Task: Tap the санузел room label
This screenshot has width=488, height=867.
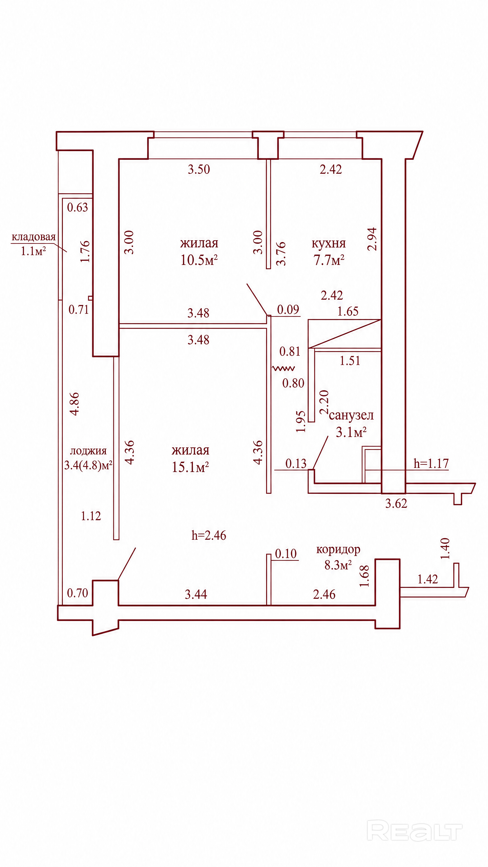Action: (x=351, y=415)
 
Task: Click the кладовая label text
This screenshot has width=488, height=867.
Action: (x=34, y=237)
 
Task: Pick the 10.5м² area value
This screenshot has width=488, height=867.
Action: (x=199, y=260)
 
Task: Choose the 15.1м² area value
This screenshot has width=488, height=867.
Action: (x=190, y=467)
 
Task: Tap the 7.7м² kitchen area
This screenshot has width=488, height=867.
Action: (x=329, y=260)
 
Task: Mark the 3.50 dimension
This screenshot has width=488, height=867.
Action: (x=199, y=169)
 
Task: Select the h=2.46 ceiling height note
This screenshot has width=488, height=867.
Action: (x=209, y=536)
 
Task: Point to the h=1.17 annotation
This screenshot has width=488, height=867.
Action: (x=431, y=464)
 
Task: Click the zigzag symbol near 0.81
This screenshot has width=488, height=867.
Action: (x=283, y=368)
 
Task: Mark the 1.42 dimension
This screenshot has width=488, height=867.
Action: (x=428, y=579)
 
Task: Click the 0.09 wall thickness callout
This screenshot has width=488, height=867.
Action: (x=288, y=310)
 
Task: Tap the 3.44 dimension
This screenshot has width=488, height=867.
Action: (x=196, y=594)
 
